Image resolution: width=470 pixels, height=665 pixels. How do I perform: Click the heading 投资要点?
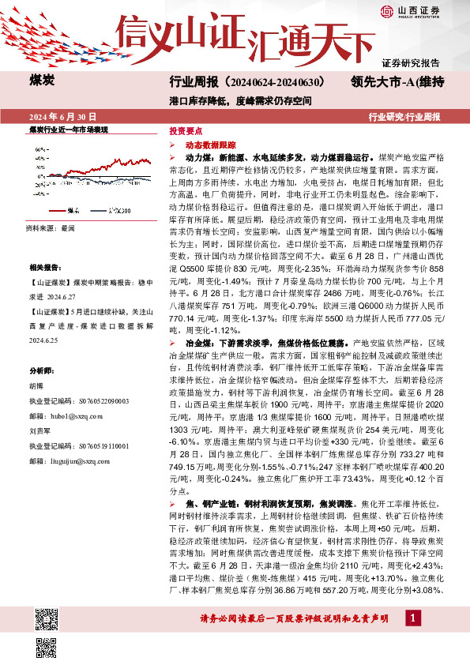[x=186, y=132]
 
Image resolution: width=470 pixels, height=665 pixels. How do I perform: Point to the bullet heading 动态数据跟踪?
[x=210, y=146]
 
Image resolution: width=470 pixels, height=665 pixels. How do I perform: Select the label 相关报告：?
[x=43, y=269]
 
